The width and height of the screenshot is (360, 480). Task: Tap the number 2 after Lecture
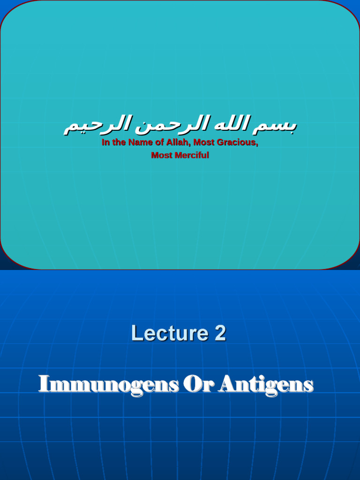(x=220, y=334)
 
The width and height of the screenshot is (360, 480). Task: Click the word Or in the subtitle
(x=199, y=385)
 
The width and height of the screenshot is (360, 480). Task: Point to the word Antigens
(x=266, y=385)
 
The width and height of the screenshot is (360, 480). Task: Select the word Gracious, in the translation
(x=238, y=142)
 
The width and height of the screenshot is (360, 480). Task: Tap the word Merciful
(x=192, y=155)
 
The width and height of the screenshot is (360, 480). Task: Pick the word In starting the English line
(x=105, y=142)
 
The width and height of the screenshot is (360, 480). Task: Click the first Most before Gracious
(x=204, y=142)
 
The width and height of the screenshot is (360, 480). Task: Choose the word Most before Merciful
(x=162, y=155)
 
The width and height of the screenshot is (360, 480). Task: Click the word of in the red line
(x=159, y=142)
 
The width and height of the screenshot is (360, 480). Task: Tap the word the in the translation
(x=119, y=142)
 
